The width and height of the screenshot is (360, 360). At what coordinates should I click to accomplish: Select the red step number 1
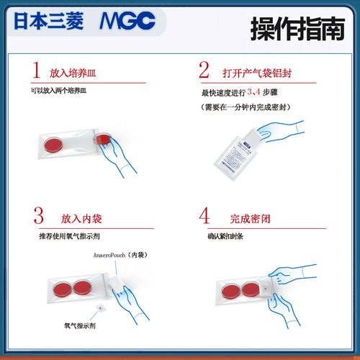tap(36, 71)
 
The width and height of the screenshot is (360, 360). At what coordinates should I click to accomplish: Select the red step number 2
tap(204, 71)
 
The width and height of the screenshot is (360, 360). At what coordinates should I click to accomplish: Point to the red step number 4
tap(204, 217)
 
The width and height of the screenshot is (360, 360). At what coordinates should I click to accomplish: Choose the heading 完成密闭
tap(245, 218)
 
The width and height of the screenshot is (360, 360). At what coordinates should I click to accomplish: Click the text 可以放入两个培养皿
tap(58, 92)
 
